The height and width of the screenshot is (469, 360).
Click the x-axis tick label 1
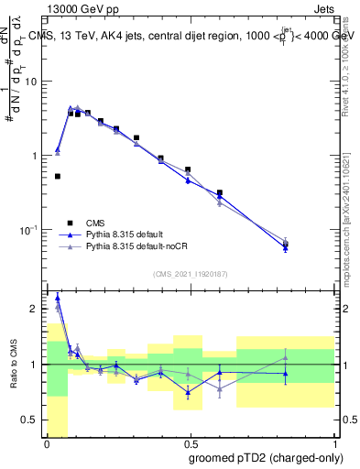click(x=334, y=444)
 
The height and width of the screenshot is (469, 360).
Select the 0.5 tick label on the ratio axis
click(x=33, y=420)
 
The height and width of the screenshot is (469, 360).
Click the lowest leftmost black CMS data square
click(x=58, y=176)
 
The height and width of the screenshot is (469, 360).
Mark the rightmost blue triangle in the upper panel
click(x=286, y=247)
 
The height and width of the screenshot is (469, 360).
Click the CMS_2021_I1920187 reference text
click(x=191, y=274)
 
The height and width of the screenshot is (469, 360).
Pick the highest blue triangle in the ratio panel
click(x=58, y=297)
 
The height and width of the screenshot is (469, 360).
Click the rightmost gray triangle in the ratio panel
click(x=286, y=357)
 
